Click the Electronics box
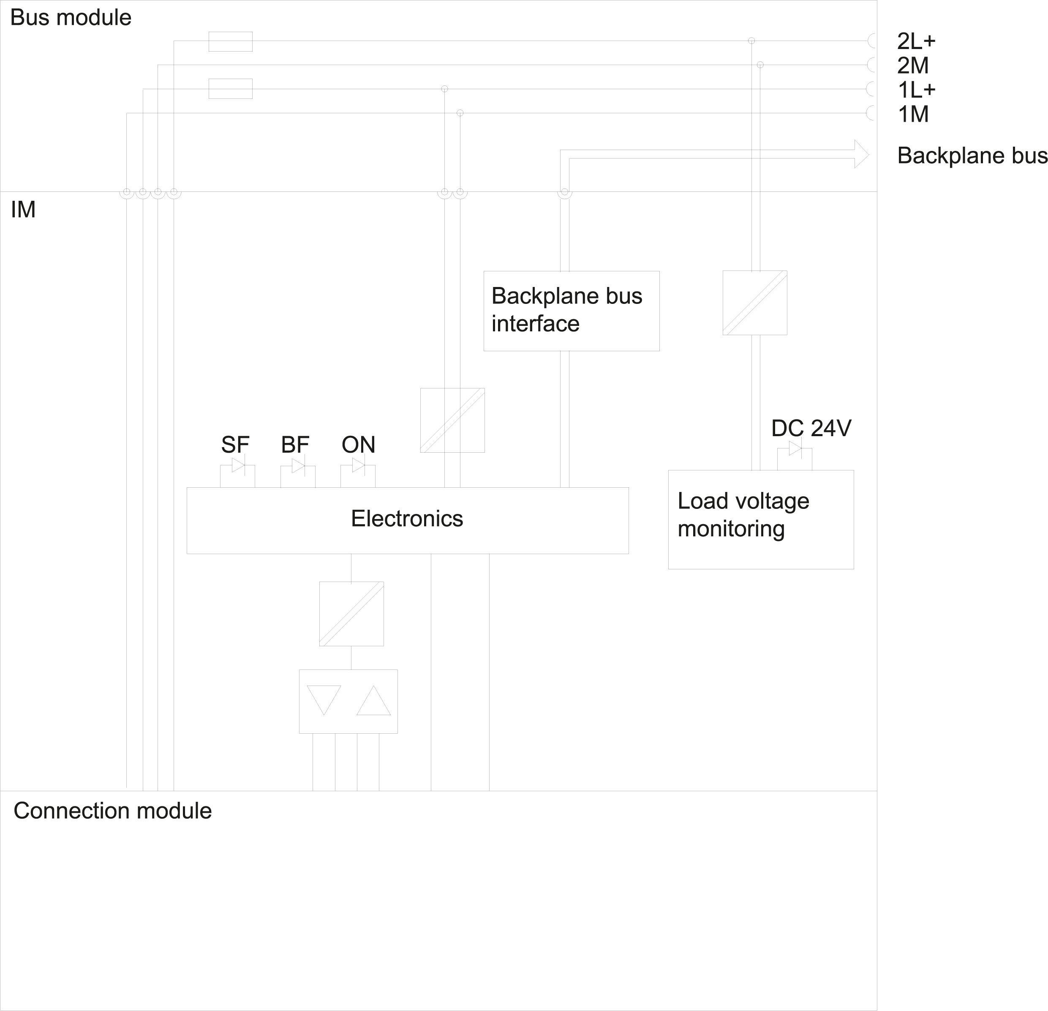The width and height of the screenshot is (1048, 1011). click(x=408, y=520)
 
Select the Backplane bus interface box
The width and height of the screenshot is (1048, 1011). click(x=571, y=311)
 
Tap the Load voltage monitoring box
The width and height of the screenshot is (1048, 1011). click(x=760, y=519)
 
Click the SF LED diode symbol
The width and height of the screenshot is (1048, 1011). click(x=238, y=466)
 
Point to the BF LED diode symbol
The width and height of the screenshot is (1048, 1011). click(x=298, y=466)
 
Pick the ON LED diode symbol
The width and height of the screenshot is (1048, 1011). click(x=358, y=466)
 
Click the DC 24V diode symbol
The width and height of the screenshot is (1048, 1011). click(x=795, y=449)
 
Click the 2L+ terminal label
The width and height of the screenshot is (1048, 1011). click(x=916, y=41)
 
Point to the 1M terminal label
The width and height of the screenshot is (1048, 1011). click(x=913, y=115)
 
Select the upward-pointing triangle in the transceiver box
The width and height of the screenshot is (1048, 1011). click(x=373, y=701)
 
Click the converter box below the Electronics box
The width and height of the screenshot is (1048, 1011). click(x=351, y=614)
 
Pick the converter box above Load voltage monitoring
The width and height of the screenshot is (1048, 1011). click(x=754, y=303)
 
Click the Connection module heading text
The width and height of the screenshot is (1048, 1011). click(x=112, y=810)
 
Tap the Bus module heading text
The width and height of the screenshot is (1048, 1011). click(x=71, y=18)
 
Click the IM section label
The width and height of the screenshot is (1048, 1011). click(x=23, y=210)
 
